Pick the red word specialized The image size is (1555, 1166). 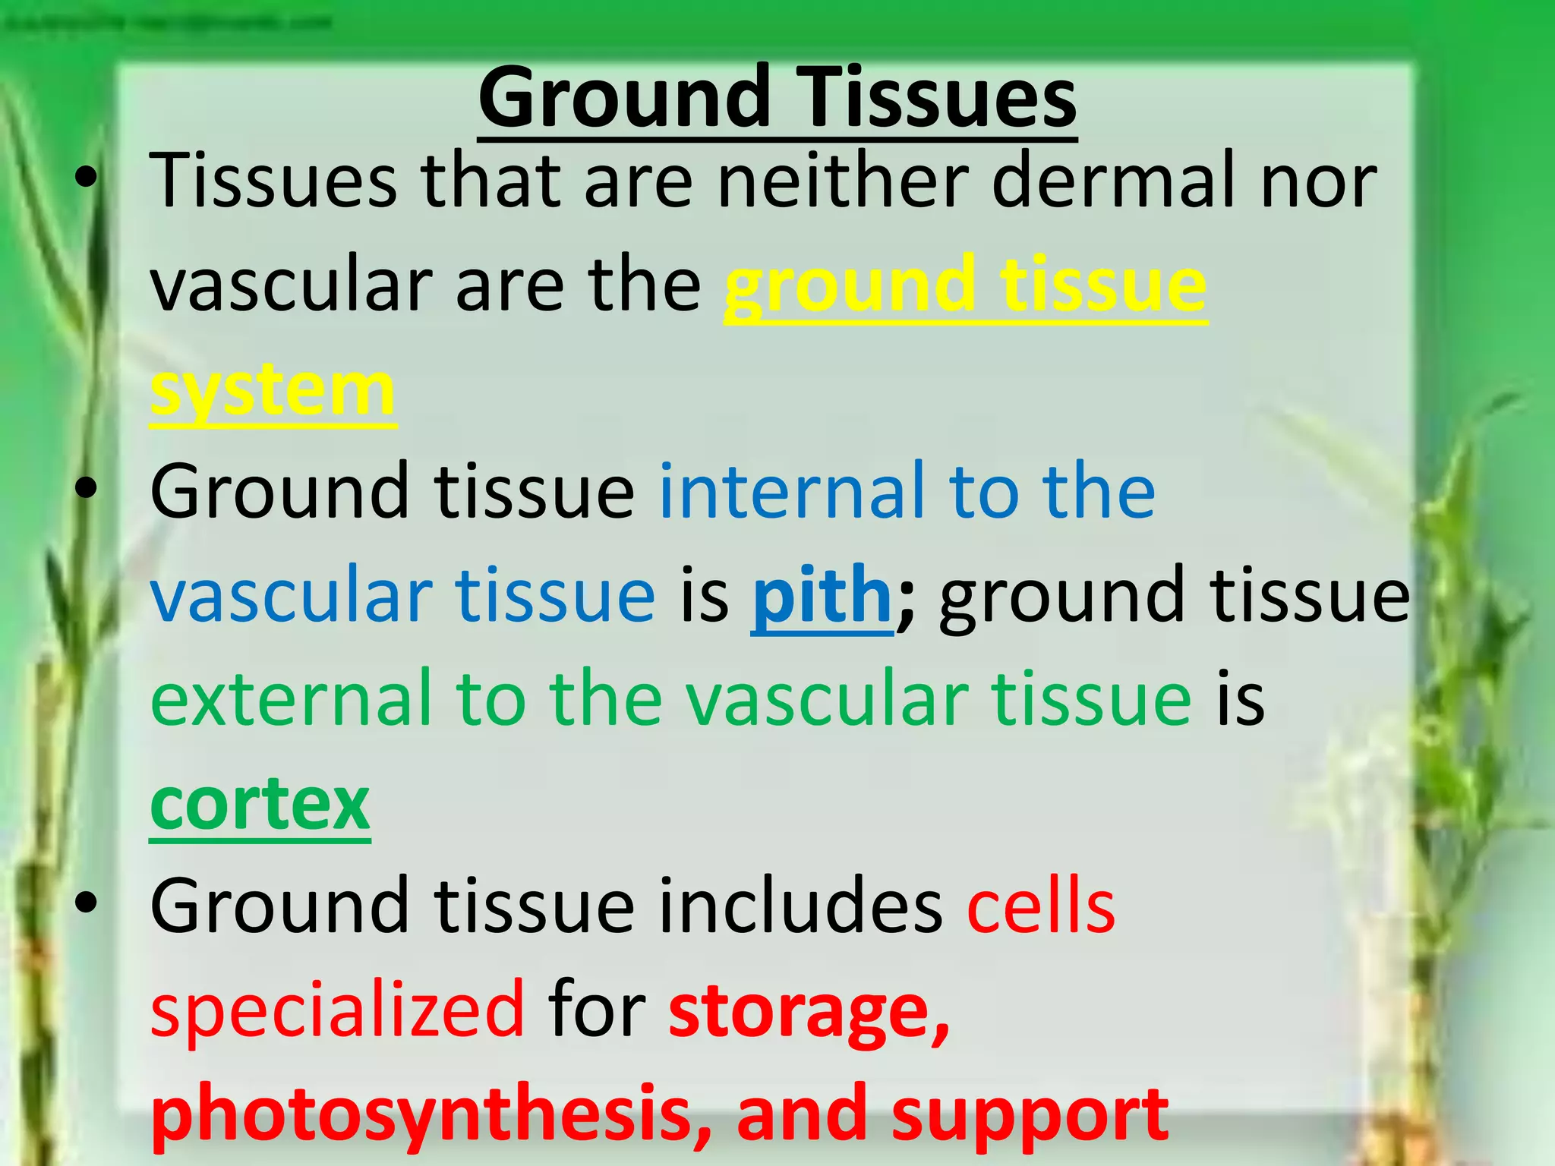(x=337, y=1010)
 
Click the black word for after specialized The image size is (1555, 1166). (x=596, y=1010)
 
